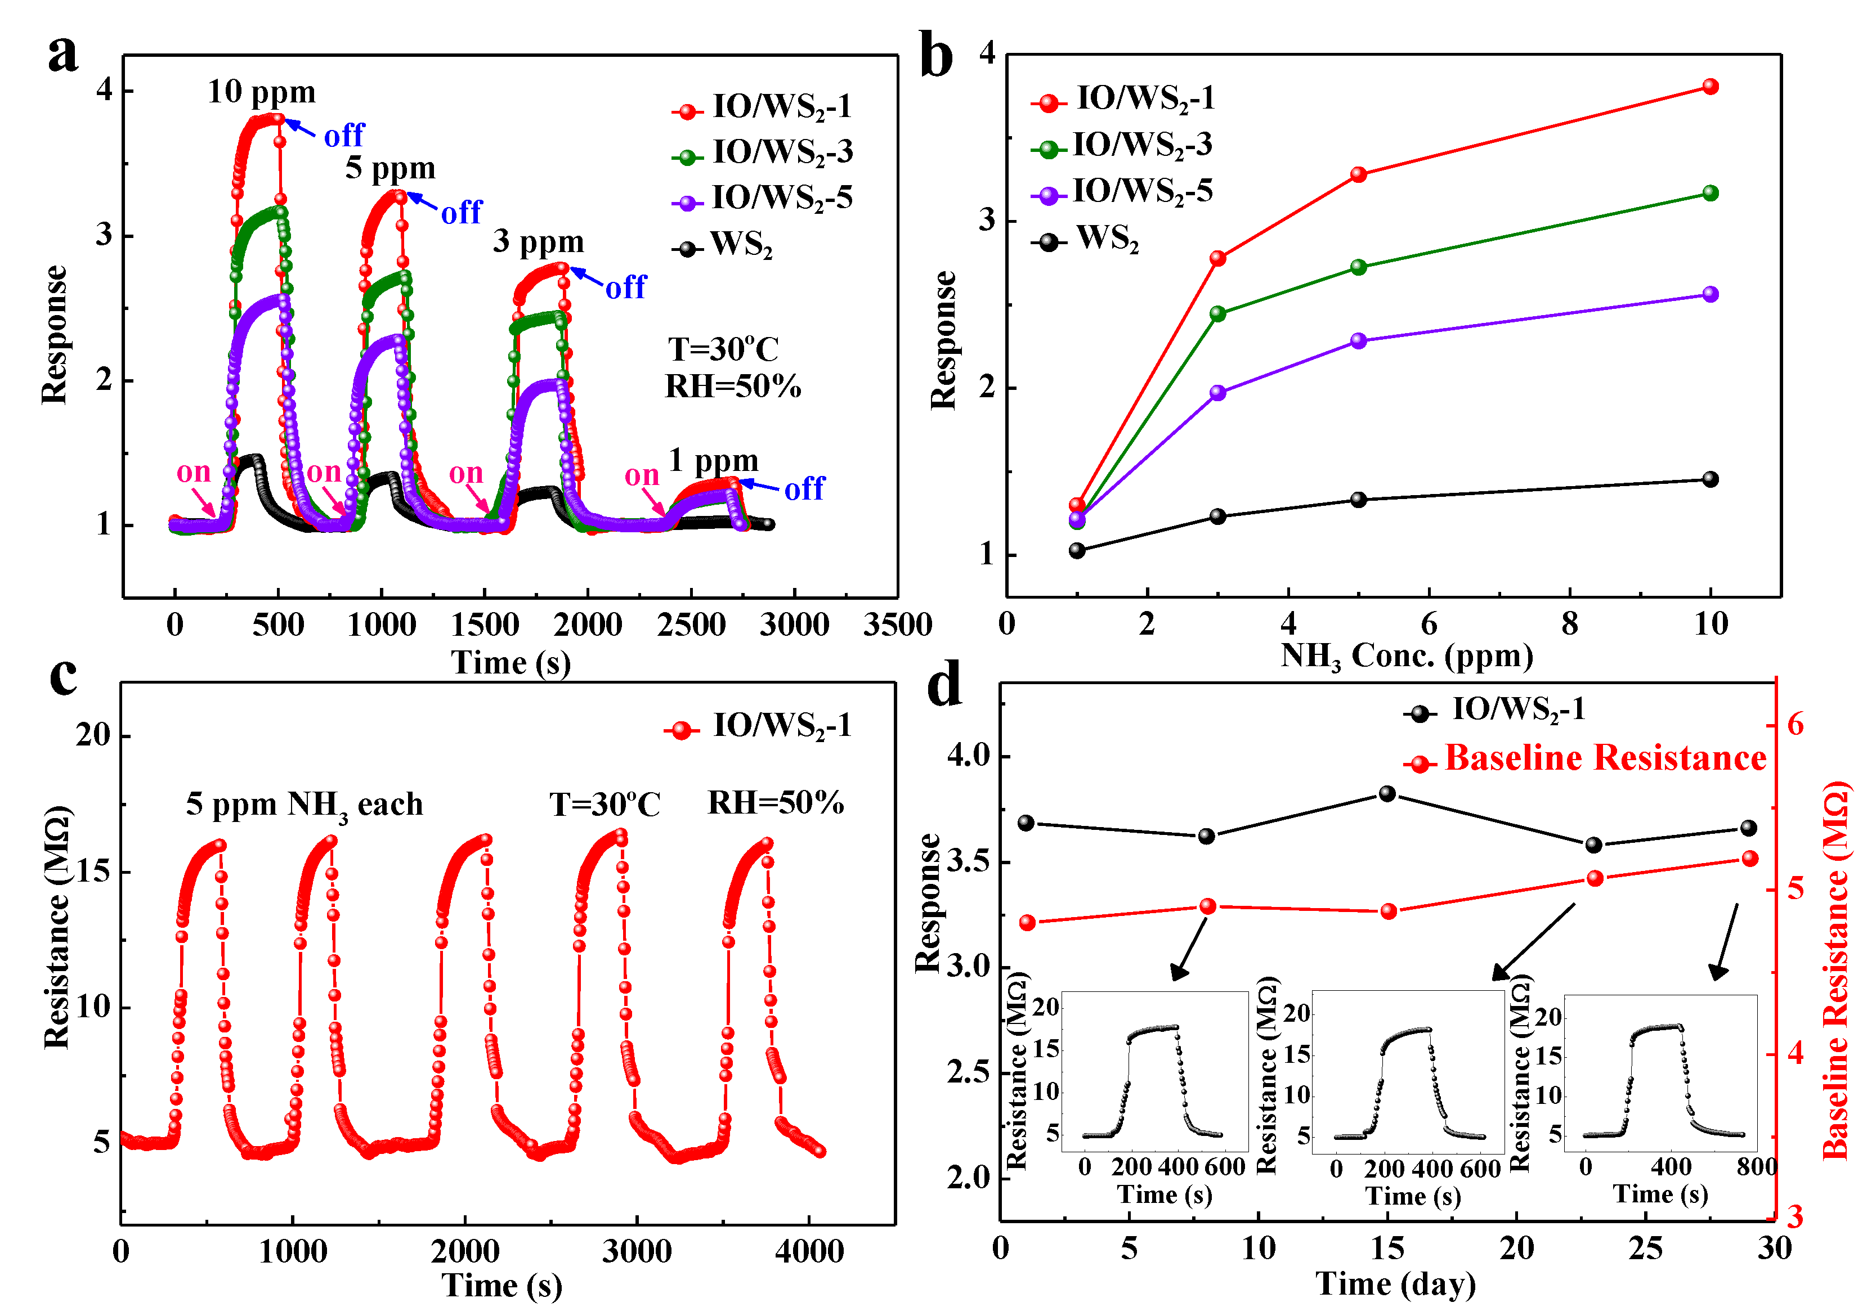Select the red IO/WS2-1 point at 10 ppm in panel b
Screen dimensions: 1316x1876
[1709, 87]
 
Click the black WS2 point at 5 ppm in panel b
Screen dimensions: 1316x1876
[1358, 499]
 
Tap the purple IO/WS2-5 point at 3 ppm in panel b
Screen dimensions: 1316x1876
[1217, 392]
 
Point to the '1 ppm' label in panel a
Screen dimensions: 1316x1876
[713, 461]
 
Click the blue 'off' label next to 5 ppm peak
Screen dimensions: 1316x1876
[461, 212]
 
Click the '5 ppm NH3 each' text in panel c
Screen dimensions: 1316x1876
[304, 805]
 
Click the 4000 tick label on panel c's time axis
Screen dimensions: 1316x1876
[808, 1251]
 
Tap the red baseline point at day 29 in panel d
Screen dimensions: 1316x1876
[1749, 857]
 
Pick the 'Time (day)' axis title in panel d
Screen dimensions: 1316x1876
[1395, 1283]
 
